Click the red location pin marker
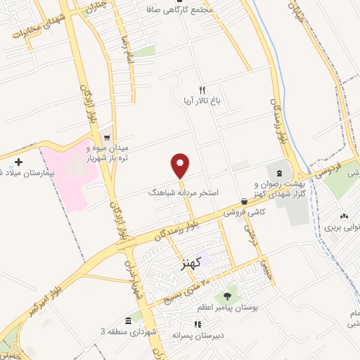tap(181, 165)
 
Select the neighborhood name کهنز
tap(191, 263)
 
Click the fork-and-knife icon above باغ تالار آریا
tap(202, 90)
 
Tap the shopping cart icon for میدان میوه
tap(106, 138)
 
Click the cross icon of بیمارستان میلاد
tap(18, 162)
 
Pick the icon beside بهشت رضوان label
tap(281, 172)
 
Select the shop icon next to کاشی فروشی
tap(243, 201)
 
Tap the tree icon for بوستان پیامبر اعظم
tap(228, 296)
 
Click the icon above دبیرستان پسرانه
tap(198, 324)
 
